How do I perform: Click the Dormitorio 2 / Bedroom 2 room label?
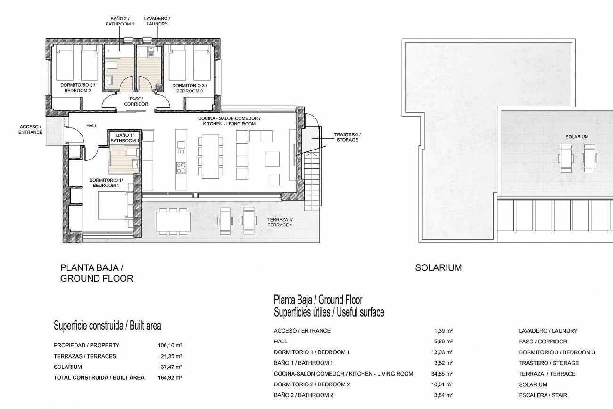(78, 88)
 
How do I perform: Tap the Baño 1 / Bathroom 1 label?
(125, 138)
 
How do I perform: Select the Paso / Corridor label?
(136, 101)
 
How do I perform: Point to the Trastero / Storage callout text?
(347, 137)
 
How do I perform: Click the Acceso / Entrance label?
(30, 129)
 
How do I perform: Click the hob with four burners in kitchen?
(181, 167)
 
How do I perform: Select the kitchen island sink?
(181, 144)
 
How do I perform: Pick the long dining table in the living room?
(210, 156)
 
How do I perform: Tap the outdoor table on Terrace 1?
(173, 221)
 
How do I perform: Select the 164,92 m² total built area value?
(170, 377)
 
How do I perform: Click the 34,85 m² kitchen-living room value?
(442, 374)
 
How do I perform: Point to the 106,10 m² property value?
(170, 345)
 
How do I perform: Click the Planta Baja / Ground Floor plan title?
(97, 273)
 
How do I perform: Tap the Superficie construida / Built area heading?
(108, 326)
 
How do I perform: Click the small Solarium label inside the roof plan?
(577, 137)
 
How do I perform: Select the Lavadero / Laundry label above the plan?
(157, 21)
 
